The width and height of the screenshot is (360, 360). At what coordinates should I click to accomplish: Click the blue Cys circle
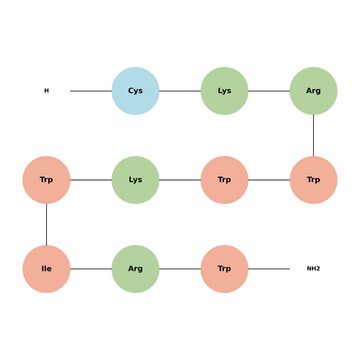(x=135, y=91)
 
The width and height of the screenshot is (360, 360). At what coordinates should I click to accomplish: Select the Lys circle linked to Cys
(x=225, y=91)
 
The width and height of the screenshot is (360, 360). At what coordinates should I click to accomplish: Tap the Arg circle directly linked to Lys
(x=313, y=91)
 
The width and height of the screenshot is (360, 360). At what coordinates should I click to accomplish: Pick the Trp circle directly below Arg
(x=313, y=180)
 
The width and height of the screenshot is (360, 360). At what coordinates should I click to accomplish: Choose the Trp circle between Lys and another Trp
(x=225, y=180)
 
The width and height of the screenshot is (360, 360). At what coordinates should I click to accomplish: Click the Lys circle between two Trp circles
(x=135, y=180)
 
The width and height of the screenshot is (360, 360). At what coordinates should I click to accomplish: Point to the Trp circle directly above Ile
(x=46, y=180)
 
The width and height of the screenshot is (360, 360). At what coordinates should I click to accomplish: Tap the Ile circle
(x=46, y=269)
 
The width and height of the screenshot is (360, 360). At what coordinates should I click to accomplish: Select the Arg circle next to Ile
(x=135, y=269)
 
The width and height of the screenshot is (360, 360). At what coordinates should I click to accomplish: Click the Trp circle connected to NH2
(x=225, y=269)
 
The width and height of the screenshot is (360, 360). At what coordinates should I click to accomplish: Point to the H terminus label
(x=47, y=91)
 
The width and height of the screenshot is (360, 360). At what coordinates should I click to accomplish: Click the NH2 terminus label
(x=313, y=269)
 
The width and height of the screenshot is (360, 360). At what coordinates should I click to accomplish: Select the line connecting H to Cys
(x=91, y=91)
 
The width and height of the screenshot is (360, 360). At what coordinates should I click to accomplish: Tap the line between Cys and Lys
(x=180, y=91)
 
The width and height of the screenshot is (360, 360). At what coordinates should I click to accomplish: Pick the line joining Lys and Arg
(x=269, y=91)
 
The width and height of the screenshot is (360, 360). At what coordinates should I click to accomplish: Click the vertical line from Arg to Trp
(x=313, y=135)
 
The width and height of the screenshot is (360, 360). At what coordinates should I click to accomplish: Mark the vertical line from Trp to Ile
(x=46, y=225)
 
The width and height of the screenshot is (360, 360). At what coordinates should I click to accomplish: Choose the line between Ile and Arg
(x=91, y=269)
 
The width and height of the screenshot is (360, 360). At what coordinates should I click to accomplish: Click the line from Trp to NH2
(x=269, y=269)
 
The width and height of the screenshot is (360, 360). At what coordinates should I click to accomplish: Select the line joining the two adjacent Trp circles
(x=269, y=180)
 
